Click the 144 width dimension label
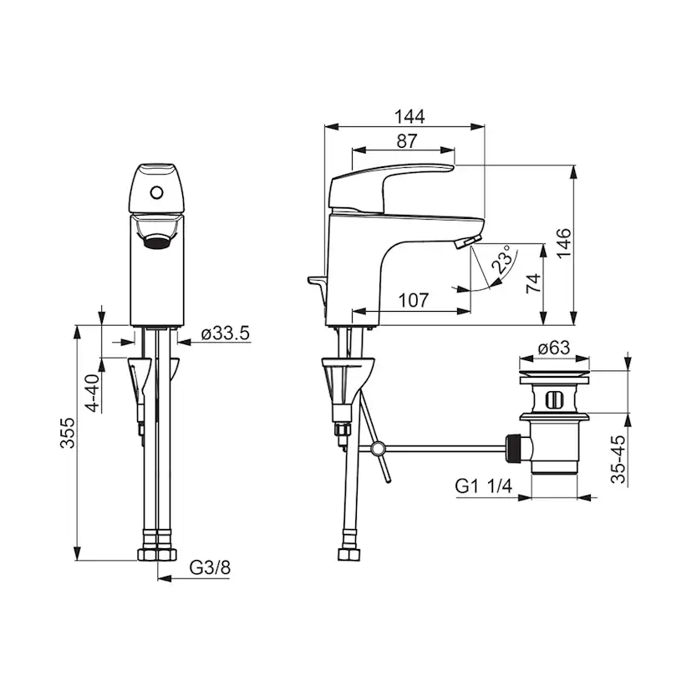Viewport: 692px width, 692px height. tap(410, 117)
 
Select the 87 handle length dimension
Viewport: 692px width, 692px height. tap(406, 141)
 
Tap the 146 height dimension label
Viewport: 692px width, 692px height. tap(563, 244)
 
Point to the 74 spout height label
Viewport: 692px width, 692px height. tap(533, 283)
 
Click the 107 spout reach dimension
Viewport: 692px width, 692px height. tap(414, 301)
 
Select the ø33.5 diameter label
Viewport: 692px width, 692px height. tap(226, 333)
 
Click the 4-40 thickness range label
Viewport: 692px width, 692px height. tap(93, 393)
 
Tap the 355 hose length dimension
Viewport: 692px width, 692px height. tap(68, 434)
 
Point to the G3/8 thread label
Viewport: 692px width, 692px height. tap(210, 567)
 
